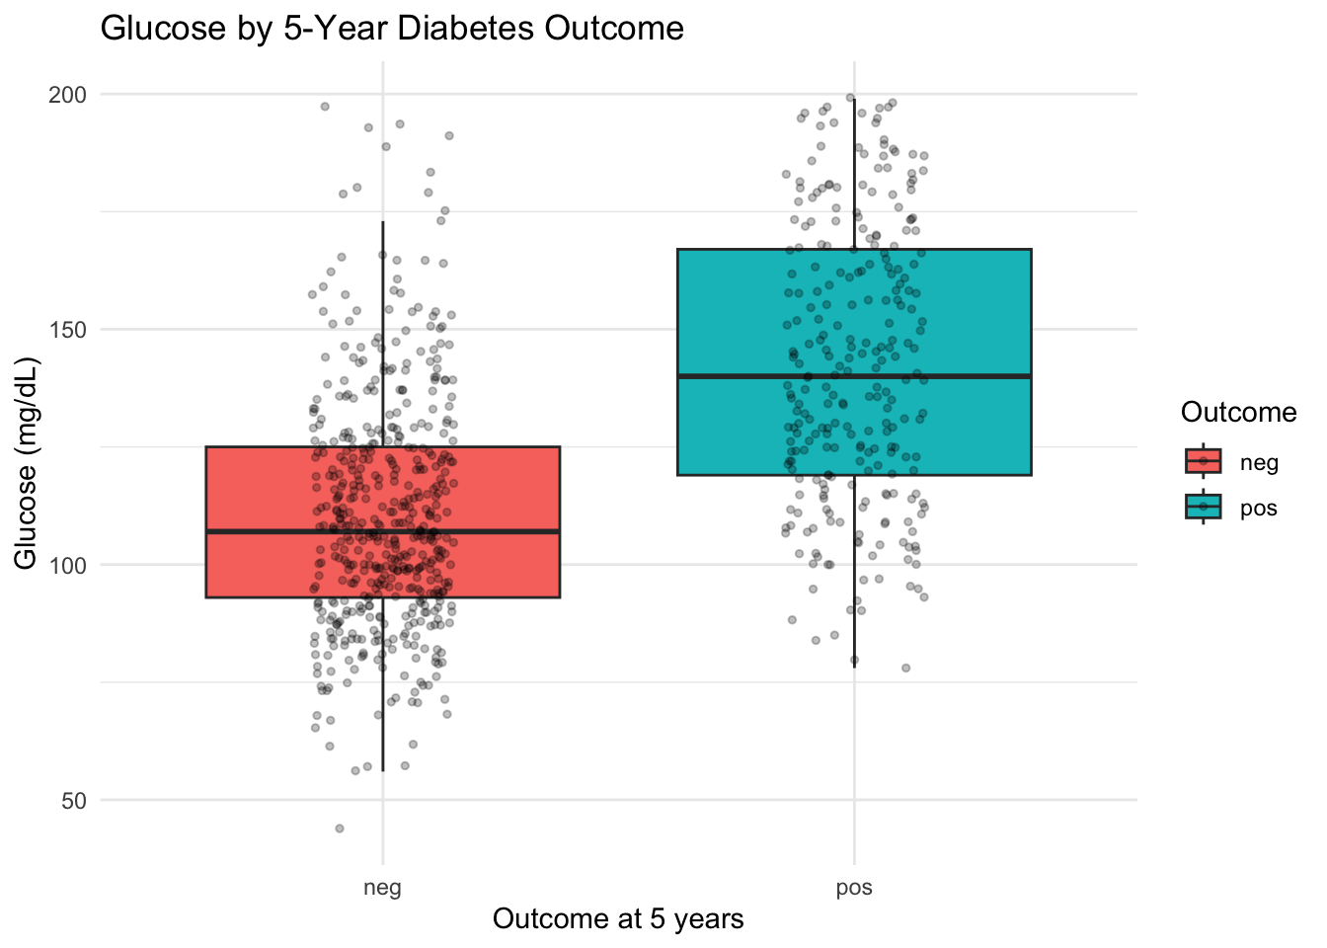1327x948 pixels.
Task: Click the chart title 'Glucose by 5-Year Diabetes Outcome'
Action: click(392, 29)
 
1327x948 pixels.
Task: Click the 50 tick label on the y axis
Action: click(74, 801)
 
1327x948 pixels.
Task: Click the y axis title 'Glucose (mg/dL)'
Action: click(27, 464)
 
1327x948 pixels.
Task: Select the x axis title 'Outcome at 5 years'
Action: click(618, 919)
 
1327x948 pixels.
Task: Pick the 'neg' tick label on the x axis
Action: click(382, 887)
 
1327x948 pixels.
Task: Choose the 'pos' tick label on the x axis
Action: click(854, 887)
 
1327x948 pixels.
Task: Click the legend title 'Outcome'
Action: click(1238, 413)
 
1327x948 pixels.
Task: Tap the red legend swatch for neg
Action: click(1203, 461)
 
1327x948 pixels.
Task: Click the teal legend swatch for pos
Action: click(1203, 509)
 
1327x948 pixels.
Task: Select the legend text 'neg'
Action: click(1259, 462)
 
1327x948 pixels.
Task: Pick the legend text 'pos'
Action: click(1259, 510)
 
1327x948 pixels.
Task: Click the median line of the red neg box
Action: click(382, 532)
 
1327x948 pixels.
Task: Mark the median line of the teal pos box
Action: click(854, 376)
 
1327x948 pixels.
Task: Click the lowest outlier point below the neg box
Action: click(340, 829)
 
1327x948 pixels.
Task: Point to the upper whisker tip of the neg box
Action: click(382, 222)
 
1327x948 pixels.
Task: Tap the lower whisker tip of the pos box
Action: click(854, 668)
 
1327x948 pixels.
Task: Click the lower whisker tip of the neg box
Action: click(382, 771)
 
